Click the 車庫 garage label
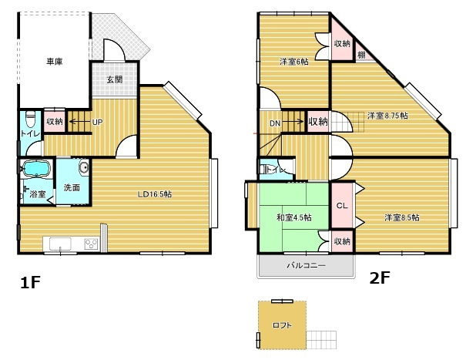[x=54, y=61]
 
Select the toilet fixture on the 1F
[x=30, y=121]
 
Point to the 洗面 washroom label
[x=72, y=187]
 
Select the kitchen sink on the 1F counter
[x=60, y=245]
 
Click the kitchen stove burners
[x=91, y=245]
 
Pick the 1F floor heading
[x=30, y=283]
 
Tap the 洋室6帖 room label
[x=293, y=62]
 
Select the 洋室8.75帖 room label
[x=387, y=116]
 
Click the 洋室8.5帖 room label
[x=402, y=218]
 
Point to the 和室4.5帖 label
[x=294, y=218]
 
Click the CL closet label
[x=343, y=206]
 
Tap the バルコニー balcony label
[x=306, y=265]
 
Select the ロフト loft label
[x=283, y=325]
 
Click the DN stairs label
[x=275, y=123]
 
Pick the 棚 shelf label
[x=361, y=55]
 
